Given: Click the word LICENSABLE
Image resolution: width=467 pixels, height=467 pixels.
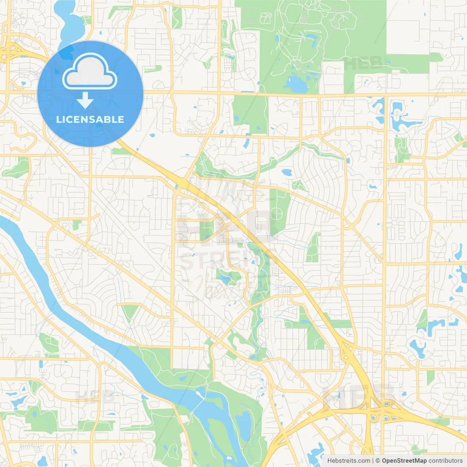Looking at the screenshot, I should click(x=90, y=119).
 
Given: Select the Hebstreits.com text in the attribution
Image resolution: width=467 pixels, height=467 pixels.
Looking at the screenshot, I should click(x=348, y=461).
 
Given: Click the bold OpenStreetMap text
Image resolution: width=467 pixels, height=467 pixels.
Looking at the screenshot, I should click(x=404, y=461).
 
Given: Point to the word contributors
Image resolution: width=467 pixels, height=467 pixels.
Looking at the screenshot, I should click(x=445, y=461).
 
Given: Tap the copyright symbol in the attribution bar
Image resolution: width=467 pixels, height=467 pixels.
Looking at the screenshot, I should click(x=378, y=461).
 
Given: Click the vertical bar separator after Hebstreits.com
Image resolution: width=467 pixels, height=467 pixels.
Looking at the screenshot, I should click(x=373, y=461).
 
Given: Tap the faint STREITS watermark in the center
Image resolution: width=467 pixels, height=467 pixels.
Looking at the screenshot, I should click(x=215, y=261).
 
